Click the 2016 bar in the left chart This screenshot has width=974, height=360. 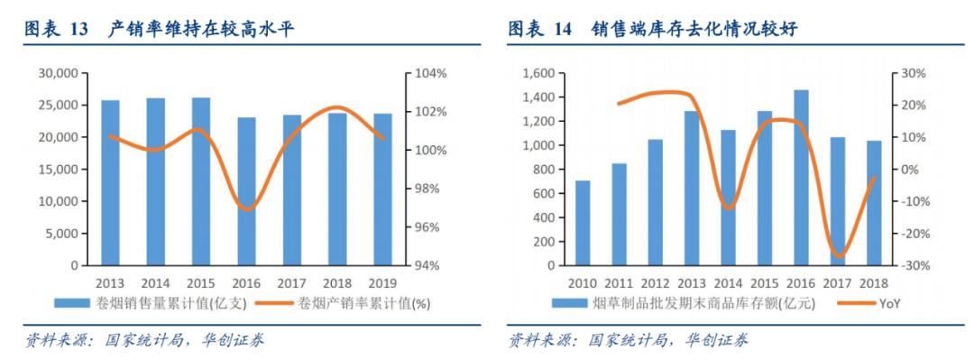pos(246,191)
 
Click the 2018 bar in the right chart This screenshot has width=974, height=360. pos(874,203)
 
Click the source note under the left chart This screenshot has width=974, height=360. pos(144,340)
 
